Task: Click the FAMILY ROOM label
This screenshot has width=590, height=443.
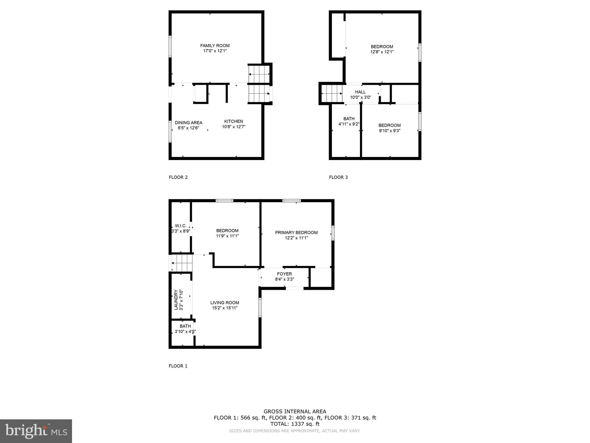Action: point(215,46)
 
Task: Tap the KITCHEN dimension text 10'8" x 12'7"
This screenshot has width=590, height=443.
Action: point(234,127)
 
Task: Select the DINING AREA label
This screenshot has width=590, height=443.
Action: point(188,123)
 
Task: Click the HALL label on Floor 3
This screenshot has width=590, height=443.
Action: point(360,92)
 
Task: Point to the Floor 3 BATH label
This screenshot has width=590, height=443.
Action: point(349,119)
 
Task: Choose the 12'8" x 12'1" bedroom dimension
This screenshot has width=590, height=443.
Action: point(382,52)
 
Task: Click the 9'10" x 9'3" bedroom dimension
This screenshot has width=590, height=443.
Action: point(389,131)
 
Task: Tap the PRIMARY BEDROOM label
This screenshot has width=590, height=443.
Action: point(296,232)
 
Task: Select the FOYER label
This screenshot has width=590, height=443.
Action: point(284,274)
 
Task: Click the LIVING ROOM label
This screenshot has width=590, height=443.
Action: point(225,303)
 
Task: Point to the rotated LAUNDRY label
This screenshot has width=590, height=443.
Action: point(176,300)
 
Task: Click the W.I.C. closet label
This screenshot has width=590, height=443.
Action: point(181,226)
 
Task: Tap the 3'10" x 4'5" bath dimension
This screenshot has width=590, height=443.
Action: point(185,332)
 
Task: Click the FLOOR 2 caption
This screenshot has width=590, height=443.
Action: point(178,177)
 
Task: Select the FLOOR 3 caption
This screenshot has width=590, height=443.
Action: point(338,177)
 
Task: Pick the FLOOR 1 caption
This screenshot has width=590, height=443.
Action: point(178,366)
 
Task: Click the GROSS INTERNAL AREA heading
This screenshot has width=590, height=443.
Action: point(295,412)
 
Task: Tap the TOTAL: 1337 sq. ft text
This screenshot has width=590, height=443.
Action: point(295,424)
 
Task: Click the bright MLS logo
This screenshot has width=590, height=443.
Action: point(36,431)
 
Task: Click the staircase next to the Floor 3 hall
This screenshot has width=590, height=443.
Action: point(332,94)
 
